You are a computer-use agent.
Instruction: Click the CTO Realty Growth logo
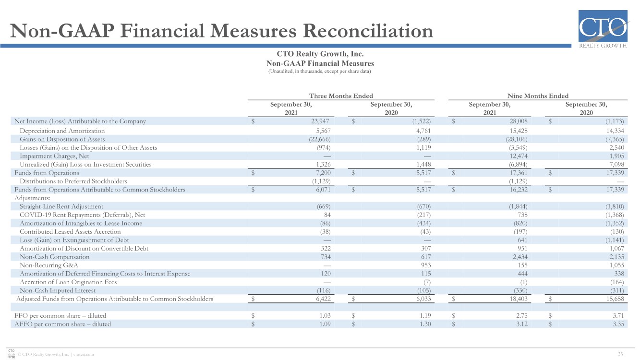click(x=603, y=29)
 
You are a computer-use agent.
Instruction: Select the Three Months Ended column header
click(x=341, y=96)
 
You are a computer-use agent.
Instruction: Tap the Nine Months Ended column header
click(x=538, y=96)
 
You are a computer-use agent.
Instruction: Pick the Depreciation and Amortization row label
click(x=62, y=131)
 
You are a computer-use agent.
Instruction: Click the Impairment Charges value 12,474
click(x=518, y=156)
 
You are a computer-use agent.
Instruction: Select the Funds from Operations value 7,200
click(x=323, y=173)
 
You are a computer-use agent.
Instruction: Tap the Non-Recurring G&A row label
click(x=48, y=265)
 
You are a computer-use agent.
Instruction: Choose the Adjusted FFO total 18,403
click(x=518, y=299)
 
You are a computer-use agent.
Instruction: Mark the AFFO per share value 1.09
click(x=325, y=324)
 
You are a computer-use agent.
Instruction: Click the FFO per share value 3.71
click(x=618, y=316)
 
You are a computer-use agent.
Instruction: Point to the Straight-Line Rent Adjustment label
click(x=61, y=206)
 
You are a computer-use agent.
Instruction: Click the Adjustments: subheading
click(x=32, y=198)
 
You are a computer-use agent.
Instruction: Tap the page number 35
click(x=620, y=354)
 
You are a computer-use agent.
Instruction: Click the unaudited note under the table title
click(x=319, y=72)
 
